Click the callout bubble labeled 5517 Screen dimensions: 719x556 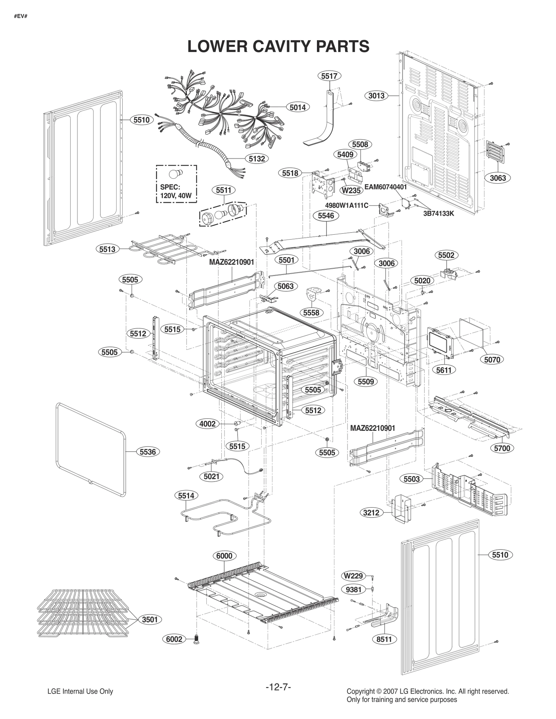(x=329, y=76)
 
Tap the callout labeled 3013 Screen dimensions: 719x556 (x=376, y=95)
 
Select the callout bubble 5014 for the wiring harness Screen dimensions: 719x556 (x=297, y=107)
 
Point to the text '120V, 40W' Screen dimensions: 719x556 (x=176, y=195)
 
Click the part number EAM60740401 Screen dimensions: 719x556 (x=385, y=187)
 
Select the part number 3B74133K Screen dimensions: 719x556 (x=438, y=214)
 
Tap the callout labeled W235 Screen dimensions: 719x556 (x=351, y=190)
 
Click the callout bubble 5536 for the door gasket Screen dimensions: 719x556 (x=148, y=452)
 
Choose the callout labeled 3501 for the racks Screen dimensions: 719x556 (x=150, y=619)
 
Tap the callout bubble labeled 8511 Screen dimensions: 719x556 (x=384, y=639)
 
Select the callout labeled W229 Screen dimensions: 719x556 (x=353, y=576)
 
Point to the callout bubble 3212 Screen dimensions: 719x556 (x=371, y=512)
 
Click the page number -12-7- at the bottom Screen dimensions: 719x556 (x=278, y=687)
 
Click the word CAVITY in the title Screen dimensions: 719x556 (x=278, y=47)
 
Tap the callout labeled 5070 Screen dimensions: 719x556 (x=492, y=359)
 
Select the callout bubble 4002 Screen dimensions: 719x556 (x=207, y=424)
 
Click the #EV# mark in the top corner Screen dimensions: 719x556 (x=21, y=16)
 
